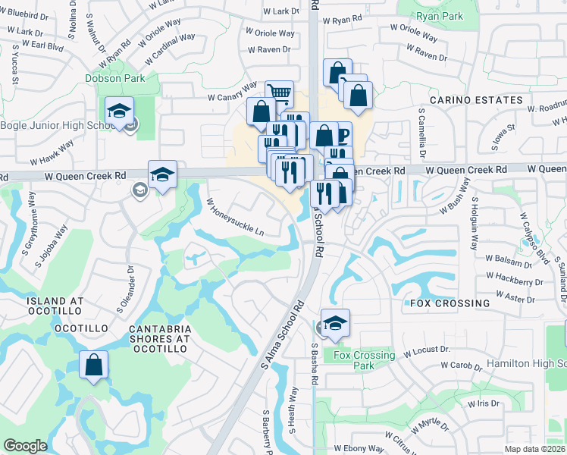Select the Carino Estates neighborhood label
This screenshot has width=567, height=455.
click(476, 100)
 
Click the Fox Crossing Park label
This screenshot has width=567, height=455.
click(364, 360)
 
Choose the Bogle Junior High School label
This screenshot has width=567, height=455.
click(58, 125)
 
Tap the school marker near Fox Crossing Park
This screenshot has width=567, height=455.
click(334, 323)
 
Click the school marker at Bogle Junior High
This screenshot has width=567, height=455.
click(120, 111)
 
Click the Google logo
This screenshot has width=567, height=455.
click(25, 445)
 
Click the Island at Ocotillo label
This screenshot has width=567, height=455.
click(55, 307)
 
